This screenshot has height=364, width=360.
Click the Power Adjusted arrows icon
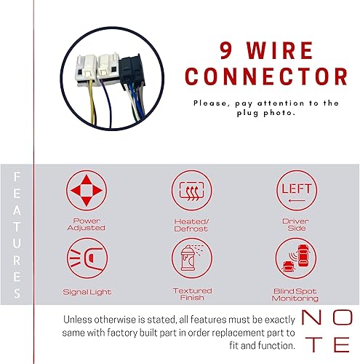(89, 191)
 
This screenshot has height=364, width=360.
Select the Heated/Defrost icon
(193, 191)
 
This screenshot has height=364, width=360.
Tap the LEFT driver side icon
(297, 191)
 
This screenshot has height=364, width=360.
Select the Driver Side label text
(297, 223)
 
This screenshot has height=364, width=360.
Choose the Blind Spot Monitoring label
(297, 295)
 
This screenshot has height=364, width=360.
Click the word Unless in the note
(80, 319)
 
